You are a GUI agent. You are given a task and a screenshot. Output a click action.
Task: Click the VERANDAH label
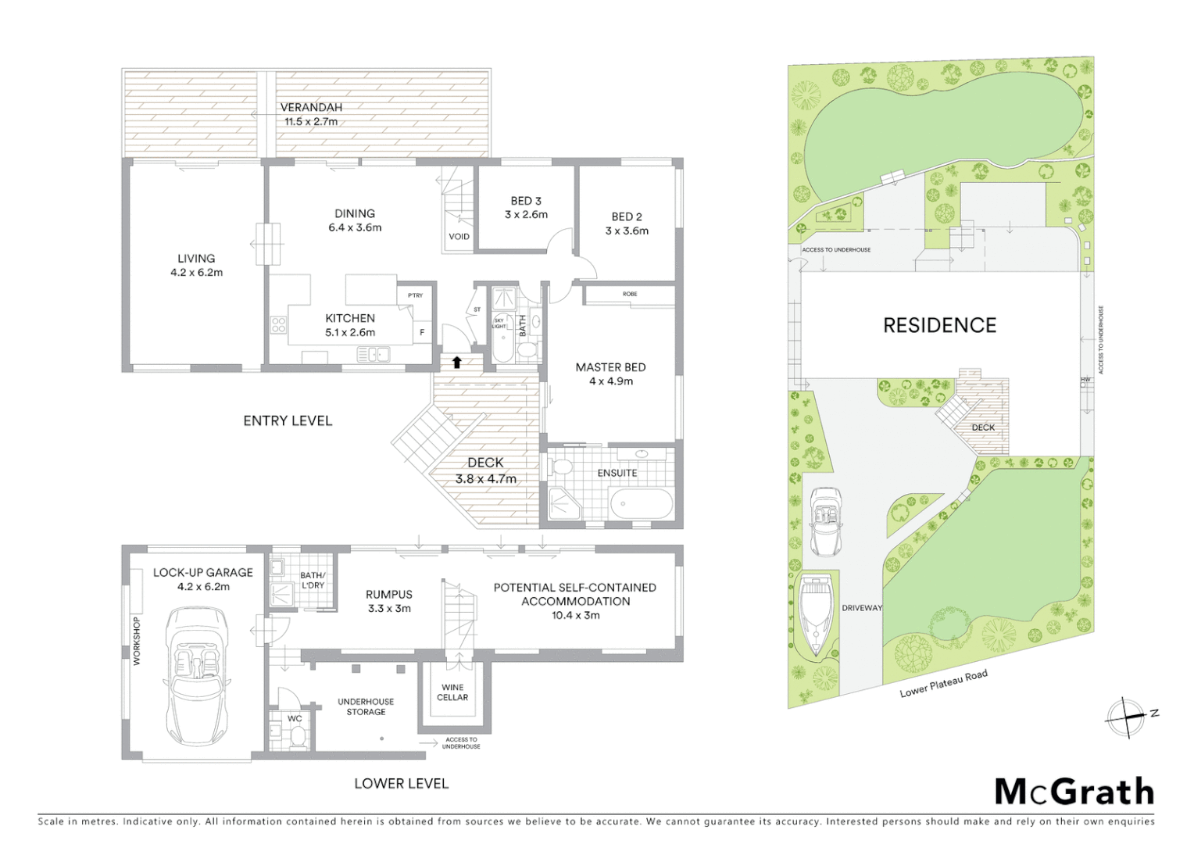[311, 107]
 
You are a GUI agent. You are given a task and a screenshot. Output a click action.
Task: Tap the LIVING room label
[196, 258]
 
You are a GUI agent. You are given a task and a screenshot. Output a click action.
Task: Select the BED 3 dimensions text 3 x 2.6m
[526, 214]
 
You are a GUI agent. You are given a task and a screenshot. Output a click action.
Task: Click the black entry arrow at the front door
[456, 361]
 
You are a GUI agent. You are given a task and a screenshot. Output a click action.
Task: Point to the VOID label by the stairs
[459, 236]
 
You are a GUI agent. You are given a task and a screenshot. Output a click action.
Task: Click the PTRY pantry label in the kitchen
[415, 295]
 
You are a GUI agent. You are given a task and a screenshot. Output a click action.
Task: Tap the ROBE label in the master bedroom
[630, 294]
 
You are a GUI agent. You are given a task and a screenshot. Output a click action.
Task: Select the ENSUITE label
[617, 473]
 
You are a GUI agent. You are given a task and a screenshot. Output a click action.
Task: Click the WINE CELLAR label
[452, 692]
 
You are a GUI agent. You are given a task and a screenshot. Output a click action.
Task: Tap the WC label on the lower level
[295, 718]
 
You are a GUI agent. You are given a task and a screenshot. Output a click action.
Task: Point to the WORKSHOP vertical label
[137, 641]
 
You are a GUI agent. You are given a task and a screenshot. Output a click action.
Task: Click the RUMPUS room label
[388, 594]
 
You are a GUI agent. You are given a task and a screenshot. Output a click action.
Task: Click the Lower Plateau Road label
[943, 683]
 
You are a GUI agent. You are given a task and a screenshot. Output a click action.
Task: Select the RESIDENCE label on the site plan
[939, 325]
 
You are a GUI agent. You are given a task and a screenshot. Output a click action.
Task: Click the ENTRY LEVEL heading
[288, 420]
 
